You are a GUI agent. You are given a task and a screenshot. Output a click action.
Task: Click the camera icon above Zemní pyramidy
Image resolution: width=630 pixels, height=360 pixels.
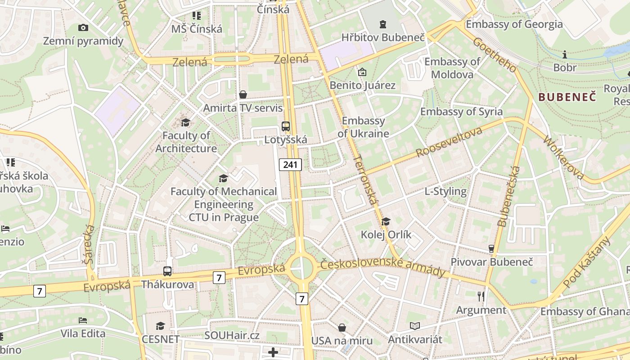click(83, 28)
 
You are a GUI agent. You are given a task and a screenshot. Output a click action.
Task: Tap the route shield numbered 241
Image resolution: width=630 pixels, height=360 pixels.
click(290, 165)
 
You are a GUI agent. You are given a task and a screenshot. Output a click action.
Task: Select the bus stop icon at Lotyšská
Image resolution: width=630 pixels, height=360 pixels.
click(286, 126)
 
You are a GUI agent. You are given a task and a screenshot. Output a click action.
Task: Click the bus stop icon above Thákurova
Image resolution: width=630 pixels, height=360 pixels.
click(167, 271)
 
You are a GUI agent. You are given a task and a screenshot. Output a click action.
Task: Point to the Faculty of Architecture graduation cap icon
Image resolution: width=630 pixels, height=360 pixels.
click(185, 122)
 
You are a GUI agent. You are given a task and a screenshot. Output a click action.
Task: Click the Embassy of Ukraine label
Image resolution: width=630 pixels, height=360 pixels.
click(363, 127)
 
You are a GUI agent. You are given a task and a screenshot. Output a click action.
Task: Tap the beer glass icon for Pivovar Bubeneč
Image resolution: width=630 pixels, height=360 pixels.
click(491, 248)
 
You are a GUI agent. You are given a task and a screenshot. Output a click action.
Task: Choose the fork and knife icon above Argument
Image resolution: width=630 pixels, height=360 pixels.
click(481, 296)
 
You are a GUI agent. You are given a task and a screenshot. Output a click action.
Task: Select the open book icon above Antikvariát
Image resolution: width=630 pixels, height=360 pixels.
click(415, 326)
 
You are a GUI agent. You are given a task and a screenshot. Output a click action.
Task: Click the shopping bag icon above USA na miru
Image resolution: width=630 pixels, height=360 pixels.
click(342, 328)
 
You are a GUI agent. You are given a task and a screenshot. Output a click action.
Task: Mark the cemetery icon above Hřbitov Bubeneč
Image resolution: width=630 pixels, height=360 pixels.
click(383, 24)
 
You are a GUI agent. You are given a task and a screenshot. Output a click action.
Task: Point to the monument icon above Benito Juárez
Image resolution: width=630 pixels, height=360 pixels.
click(362, 72)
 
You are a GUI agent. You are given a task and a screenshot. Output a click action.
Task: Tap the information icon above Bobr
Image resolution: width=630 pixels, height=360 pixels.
click(565, 54)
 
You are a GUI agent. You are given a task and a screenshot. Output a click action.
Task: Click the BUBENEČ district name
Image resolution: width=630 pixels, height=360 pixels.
click(567, 97)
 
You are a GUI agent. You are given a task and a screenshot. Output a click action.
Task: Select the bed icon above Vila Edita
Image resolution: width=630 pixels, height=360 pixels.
click(83, 320)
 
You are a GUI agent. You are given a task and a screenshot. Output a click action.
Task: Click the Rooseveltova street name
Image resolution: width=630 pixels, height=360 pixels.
click(449, 142)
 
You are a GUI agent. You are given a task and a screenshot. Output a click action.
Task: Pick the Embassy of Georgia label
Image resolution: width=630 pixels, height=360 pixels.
click(514, 24)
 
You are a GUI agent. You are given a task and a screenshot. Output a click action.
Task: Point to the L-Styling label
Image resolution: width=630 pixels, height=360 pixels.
click(445, 191)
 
